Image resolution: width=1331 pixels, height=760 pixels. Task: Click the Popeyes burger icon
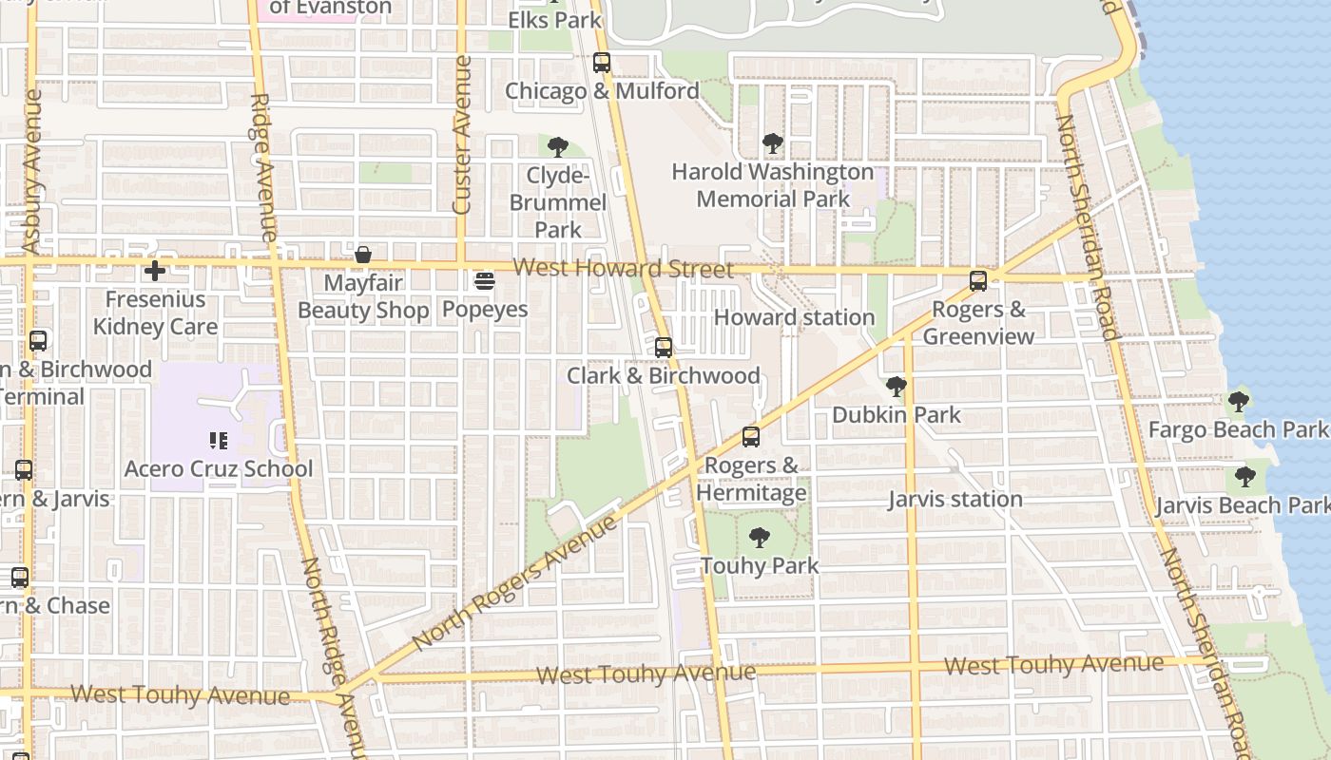(x=485, y=280)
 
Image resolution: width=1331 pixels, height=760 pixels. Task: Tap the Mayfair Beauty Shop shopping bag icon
(x=362, y=255)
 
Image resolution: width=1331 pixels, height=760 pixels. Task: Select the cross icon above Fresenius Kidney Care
(x=154, y=271)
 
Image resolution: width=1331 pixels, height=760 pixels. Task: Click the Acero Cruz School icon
(x=219, y=440)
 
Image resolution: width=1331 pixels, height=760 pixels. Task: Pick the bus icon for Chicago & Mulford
(x=602, y=63)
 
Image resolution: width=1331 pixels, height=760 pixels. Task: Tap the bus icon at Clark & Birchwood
(x=664, y=348)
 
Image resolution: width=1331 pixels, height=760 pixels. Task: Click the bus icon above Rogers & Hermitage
(x=751, y=437)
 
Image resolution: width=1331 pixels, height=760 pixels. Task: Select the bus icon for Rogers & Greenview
(x=978, y=281)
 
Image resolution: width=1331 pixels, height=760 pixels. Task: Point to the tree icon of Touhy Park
(x=759, y=538)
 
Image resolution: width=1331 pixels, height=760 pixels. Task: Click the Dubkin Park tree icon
(x=896, y=386)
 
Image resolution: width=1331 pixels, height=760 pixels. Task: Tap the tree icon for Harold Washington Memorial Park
(x=773, y=143)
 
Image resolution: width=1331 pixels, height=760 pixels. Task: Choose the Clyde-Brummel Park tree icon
(x=558, y=147)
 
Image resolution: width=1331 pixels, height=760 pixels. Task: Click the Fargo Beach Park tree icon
(x=1238, y=401)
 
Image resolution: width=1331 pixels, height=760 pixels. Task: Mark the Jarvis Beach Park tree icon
(x=1244, y=477)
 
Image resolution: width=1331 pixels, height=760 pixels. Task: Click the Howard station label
(x=794, y=317)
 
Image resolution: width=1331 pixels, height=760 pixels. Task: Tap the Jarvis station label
(x=955, y=499)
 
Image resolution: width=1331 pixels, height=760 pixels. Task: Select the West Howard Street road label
(x=624, y=269)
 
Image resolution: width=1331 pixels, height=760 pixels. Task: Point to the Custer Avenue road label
(x=463, y=135)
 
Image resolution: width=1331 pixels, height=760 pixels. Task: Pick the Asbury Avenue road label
(x=31, y=172)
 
